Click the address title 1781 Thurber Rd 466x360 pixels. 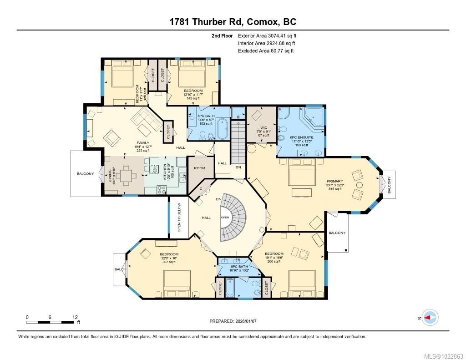click(x=233, y=22)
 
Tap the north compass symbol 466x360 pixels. click(x=430, y=317)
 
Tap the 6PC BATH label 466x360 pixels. click(x=239, y=267)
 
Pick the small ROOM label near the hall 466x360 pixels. click(x=200, y=168)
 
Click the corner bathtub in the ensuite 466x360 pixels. click(x=314, y=117)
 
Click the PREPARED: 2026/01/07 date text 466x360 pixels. click(x=233, y=321)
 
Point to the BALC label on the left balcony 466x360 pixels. click(x=119, y=269)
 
